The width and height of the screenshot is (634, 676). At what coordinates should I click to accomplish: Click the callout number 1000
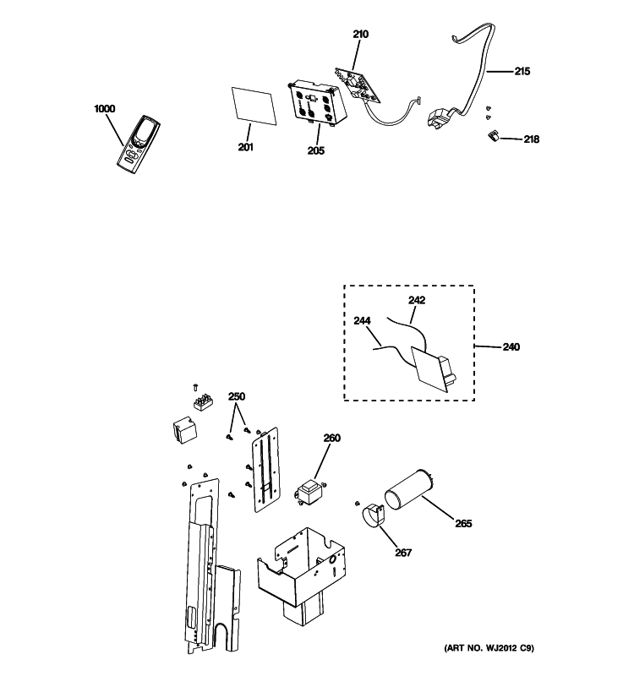pos(105,109)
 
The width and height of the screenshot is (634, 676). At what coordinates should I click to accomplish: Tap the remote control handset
pos(138,144)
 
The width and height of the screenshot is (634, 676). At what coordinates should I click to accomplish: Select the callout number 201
pos(245,147)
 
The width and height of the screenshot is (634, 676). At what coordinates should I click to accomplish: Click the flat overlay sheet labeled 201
pos(254,106)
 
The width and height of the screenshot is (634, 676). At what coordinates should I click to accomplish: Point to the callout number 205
pos(315,150)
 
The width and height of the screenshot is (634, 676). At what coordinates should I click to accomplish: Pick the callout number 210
pos(361,34)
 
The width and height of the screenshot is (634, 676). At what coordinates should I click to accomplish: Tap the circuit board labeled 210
pos(358,86)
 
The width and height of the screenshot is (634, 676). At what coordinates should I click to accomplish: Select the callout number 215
pos(522,71)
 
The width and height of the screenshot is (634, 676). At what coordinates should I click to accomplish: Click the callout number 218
pos(532,139)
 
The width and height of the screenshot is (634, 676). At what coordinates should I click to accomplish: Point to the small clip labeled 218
pos(493,136)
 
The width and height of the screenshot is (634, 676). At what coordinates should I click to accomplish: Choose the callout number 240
pos(511,346)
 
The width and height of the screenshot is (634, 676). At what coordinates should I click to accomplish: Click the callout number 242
pos(417,300)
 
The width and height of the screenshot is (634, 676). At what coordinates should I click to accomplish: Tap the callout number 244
pos(362,321)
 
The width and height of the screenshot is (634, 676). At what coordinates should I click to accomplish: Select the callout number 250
pos(237,396)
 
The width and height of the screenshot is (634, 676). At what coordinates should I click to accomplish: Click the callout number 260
pos(332,438)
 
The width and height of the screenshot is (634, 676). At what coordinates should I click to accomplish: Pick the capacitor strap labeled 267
pos(374,515)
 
